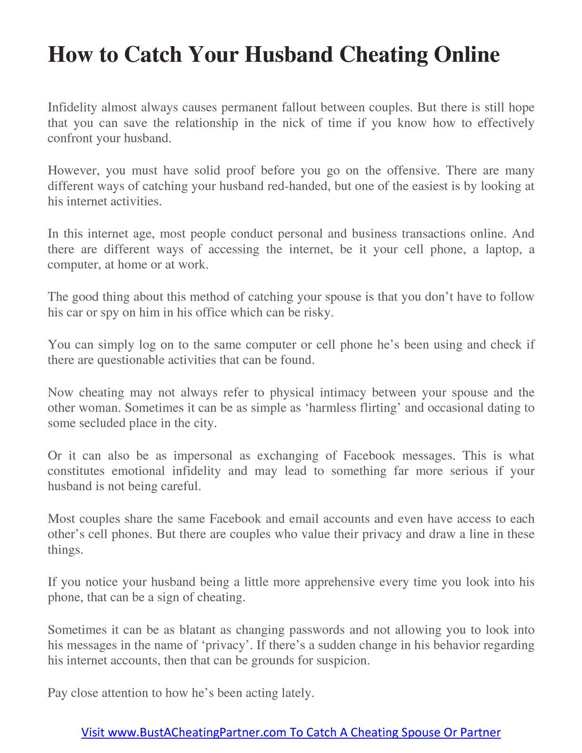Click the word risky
pos(318,312)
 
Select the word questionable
pos(130,360)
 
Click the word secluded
pos(101,423)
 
